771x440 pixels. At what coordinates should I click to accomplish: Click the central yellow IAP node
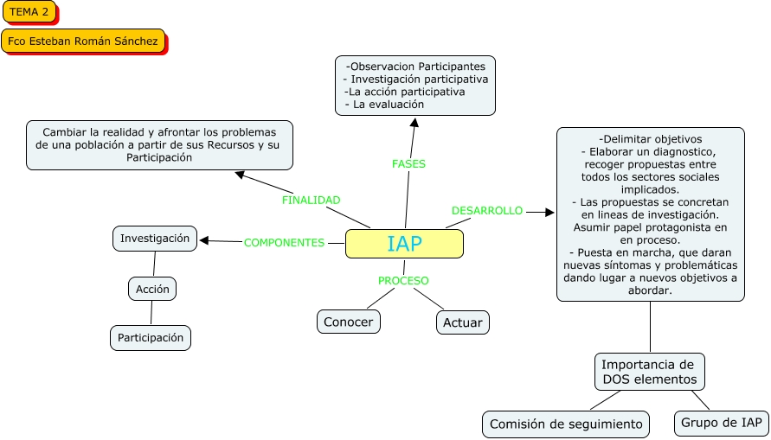click(404, 244)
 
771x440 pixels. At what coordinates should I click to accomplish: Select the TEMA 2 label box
click(29, 11)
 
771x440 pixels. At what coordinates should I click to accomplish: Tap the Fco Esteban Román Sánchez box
click(83, 41)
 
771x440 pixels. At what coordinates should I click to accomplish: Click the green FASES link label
click(408, 163)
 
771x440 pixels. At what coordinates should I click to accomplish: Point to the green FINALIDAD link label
click(311, 200)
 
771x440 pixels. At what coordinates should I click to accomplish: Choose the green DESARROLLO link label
click(487, 210)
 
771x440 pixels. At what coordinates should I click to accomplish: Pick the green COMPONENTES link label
click(284, 243)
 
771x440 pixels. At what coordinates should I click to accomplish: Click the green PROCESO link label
click(403, 280)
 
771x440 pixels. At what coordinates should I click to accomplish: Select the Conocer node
click(348, 322)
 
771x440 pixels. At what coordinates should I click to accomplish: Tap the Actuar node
click(462, 322)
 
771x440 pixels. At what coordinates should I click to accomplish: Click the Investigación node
click(155, 239)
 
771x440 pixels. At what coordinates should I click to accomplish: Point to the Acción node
click(152, 289)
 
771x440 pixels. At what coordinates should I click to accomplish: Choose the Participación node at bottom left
click(151, 338)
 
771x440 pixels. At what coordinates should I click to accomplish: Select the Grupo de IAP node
click(721, 423)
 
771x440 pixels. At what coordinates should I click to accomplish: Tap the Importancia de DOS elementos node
click(648, 372)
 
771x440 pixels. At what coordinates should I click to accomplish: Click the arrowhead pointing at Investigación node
click(205, 240)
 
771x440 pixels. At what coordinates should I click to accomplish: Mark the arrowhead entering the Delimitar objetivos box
click(549, 212)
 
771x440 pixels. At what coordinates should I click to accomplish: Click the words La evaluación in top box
click(389, 104)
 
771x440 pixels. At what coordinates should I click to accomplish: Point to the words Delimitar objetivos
click(650, 139)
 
